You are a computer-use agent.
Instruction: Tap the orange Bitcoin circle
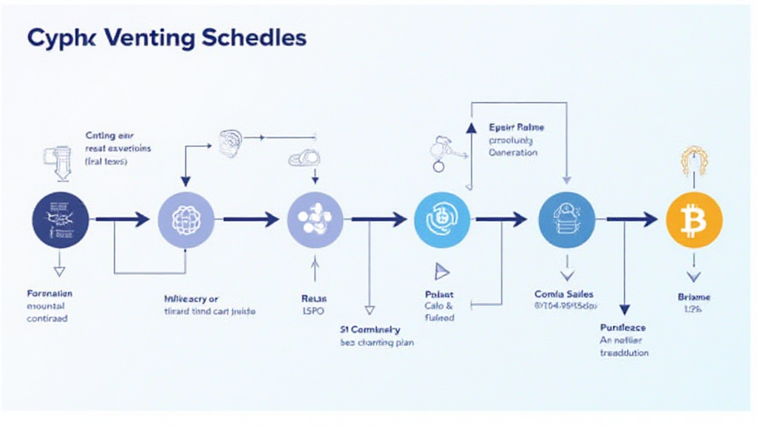[x=693, y=219]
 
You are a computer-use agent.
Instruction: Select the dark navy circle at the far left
[x=61, y=219]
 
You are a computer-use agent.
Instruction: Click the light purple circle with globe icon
[x=186, y=219]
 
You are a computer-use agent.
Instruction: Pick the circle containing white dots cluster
[x=314, y=219]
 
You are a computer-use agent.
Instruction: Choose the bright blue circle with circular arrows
[x=443, y=219]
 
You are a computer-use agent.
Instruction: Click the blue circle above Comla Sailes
[x=567, y=219]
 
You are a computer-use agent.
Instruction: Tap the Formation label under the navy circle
[x=50, y=294]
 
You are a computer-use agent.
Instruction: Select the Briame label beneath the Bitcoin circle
[x=693, y=297]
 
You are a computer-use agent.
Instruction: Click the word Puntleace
[x=623, y=327]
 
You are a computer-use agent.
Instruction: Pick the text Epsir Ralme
[x=516, y=126]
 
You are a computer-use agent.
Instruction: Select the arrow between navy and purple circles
[x=123, y=219]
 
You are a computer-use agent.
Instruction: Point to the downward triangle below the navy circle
[x=60, y=271]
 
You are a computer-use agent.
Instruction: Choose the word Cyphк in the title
[x=56, y=39]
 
